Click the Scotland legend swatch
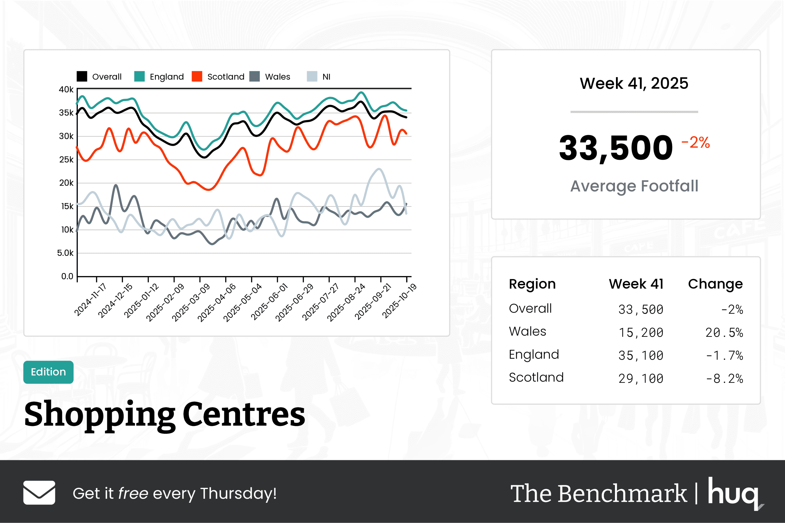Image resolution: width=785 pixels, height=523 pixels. click(x=197, y=76)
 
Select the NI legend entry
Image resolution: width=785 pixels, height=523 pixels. click(x=326, y=77)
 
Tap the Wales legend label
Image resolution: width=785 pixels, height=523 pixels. click(x=277, y=77)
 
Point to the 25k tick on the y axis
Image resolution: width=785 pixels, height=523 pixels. click(x=66, y=160)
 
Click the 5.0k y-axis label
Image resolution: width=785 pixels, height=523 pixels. click(x=65, y=253)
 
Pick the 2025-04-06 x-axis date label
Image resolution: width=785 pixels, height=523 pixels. click(x=216, y=302)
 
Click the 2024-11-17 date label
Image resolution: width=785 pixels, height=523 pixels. click(x=90, y=300)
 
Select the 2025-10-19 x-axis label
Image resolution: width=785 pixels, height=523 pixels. click(x=399, y=301)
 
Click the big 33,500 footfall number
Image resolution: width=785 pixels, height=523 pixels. click(x=616, y=148)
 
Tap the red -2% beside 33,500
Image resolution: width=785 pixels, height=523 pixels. click(x=695, y=142)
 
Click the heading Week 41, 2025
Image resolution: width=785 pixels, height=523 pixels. click(x=634, y=83)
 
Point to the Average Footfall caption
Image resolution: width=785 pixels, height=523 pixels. click(x=634, y=186)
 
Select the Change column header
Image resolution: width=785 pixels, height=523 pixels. click(x=715, y=284)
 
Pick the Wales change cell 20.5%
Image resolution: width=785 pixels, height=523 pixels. click(x=724, y=333)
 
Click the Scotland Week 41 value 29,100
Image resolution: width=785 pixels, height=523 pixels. click(x=640, y=379)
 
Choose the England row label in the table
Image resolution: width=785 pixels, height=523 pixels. click(x=534, y=354)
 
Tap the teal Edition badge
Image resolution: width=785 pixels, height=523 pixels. click(x=48, y=372)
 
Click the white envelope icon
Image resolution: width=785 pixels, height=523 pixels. click(x=39, y=492)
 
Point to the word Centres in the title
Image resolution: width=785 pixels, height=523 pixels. click(x=244, y=414)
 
